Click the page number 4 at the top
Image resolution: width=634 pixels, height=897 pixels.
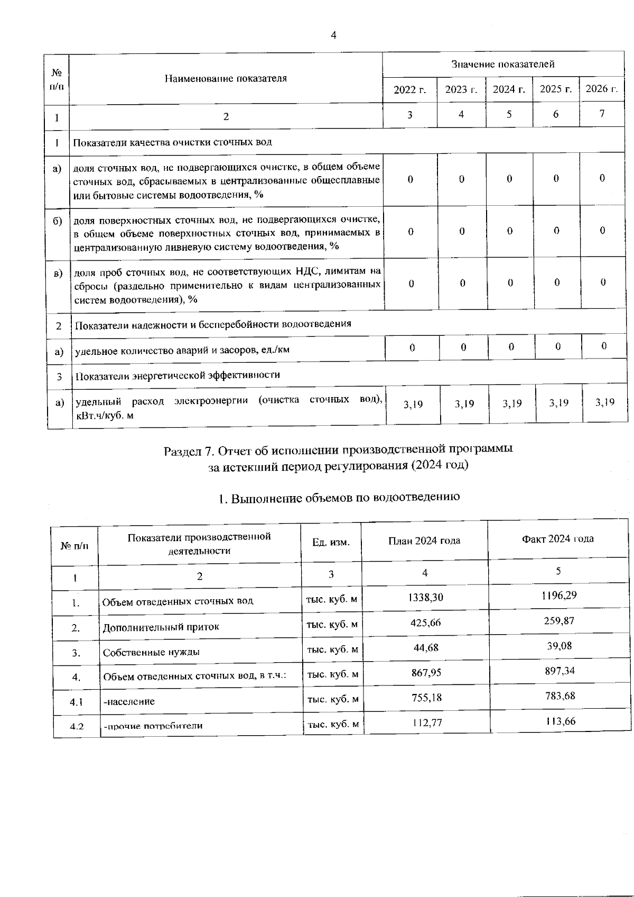pos(333,35)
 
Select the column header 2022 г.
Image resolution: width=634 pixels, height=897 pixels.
pos(410,89)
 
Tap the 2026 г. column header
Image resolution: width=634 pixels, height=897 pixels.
pos(601,89)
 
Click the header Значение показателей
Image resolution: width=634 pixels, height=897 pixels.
pos(502,65)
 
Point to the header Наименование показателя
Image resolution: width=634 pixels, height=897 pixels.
pos(226,79)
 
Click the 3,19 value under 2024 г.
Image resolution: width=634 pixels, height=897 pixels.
pos(512,404)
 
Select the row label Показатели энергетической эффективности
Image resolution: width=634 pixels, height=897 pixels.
pos(178,375)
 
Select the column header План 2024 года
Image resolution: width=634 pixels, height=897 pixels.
pos(424,541)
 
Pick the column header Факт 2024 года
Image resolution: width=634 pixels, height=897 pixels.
pos(557,539)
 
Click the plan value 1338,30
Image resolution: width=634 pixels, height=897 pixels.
pos(426,598)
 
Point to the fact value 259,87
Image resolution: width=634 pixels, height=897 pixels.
pos(559,621)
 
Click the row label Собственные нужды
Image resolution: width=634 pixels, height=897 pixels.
pos(151,652)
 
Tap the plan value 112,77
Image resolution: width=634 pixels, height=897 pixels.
pos(427,722)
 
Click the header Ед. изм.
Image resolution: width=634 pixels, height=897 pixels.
pos(331,542)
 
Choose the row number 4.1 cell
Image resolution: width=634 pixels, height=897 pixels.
pos(77,702)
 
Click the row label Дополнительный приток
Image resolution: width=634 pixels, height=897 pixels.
pos(161,627)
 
